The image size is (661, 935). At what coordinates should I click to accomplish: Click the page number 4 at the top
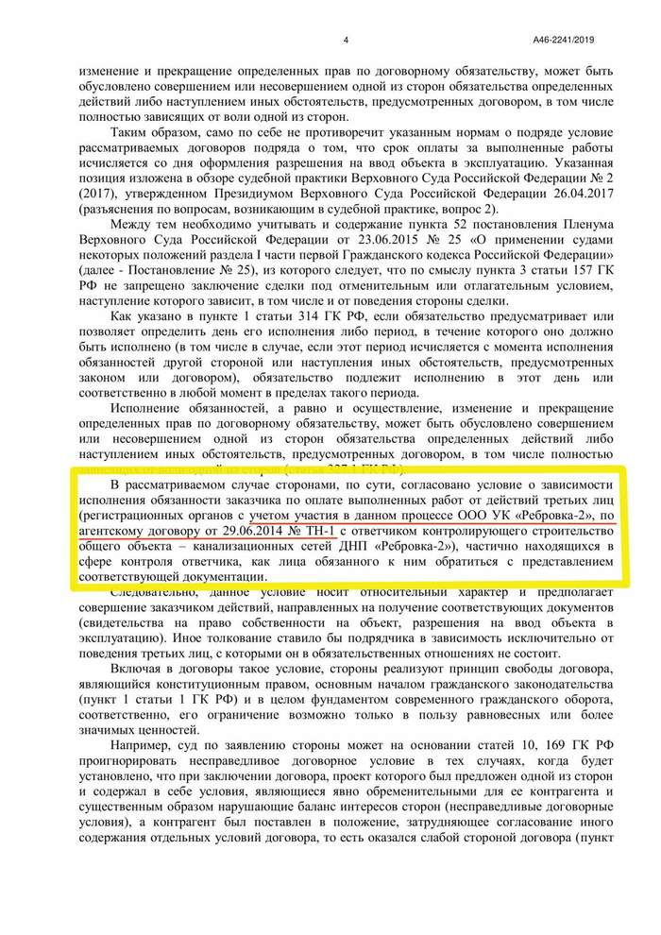pos(346,41)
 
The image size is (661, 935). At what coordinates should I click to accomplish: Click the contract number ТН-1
pos(297,530)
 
